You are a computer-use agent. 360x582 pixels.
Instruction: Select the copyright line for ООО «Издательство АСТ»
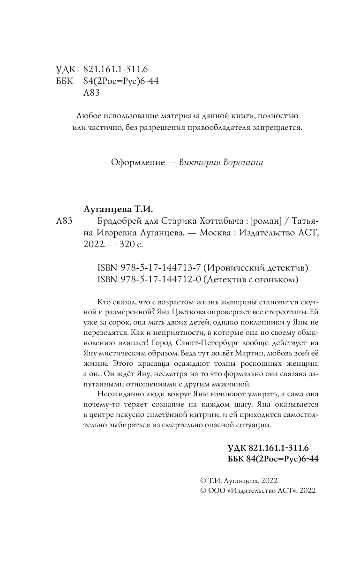click(258, 491)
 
